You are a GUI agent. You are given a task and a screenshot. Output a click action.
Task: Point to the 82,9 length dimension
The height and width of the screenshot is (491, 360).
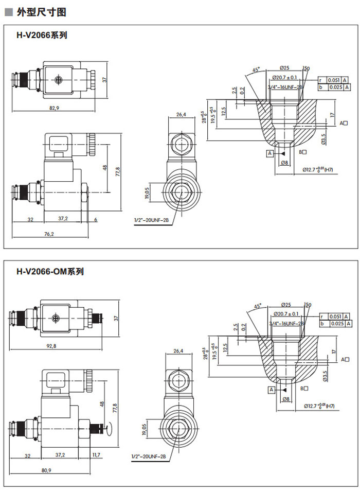coord(54,108)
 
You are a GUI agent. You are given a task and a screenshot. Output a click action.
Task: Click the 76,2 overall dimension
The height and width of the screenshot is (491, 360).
coord(49,234)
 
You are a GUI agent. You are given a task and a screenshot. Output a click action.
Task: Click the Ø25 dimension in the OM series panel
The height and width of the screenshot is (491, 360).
coord(286,305)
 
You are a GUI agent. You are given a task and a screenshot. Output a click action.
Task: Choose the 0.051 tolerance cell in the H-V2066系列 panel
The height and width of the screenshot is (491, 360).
coord(334,80)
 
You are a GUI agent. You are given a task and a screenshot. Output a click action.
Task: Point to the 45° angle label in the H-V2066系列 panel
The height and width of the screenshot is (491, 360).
coord(256,69)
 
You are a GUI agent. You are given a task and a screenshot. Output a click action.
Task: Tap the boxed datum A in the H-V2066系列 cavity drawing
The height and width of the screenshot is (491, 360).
coord(269,153)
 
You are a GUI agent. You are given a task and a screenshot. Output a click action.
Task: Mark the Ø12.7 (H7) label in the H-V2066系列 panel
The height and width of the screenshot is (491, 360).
coord(318,169)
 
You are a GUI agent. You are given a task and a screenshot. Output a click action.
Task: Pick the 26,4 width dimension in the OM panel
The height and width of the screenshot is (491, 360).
coord(178,351)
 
